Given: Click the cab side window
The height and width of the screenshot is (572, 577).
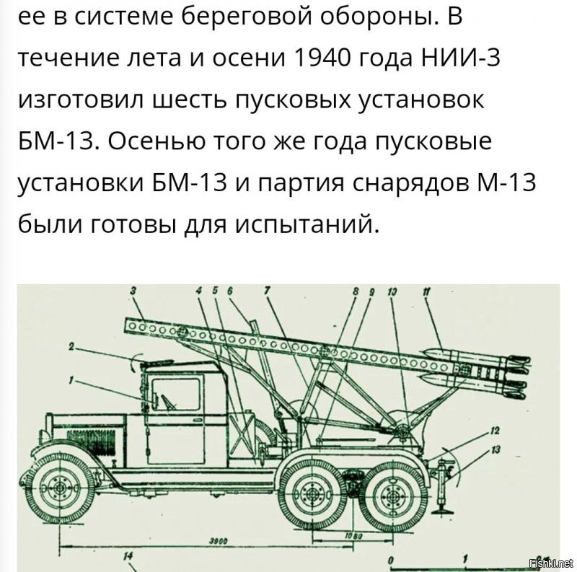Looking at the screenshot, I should pos(177,392).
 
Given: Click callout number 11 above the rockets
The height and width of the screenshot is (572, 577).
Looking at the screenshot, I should pos(426,291).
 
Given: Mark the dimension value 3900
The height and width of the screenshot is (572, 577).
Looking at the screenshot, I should pos(213,540).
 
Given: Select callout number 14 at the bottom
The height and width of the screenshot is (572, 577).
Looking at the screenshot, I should pos(128,555).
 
